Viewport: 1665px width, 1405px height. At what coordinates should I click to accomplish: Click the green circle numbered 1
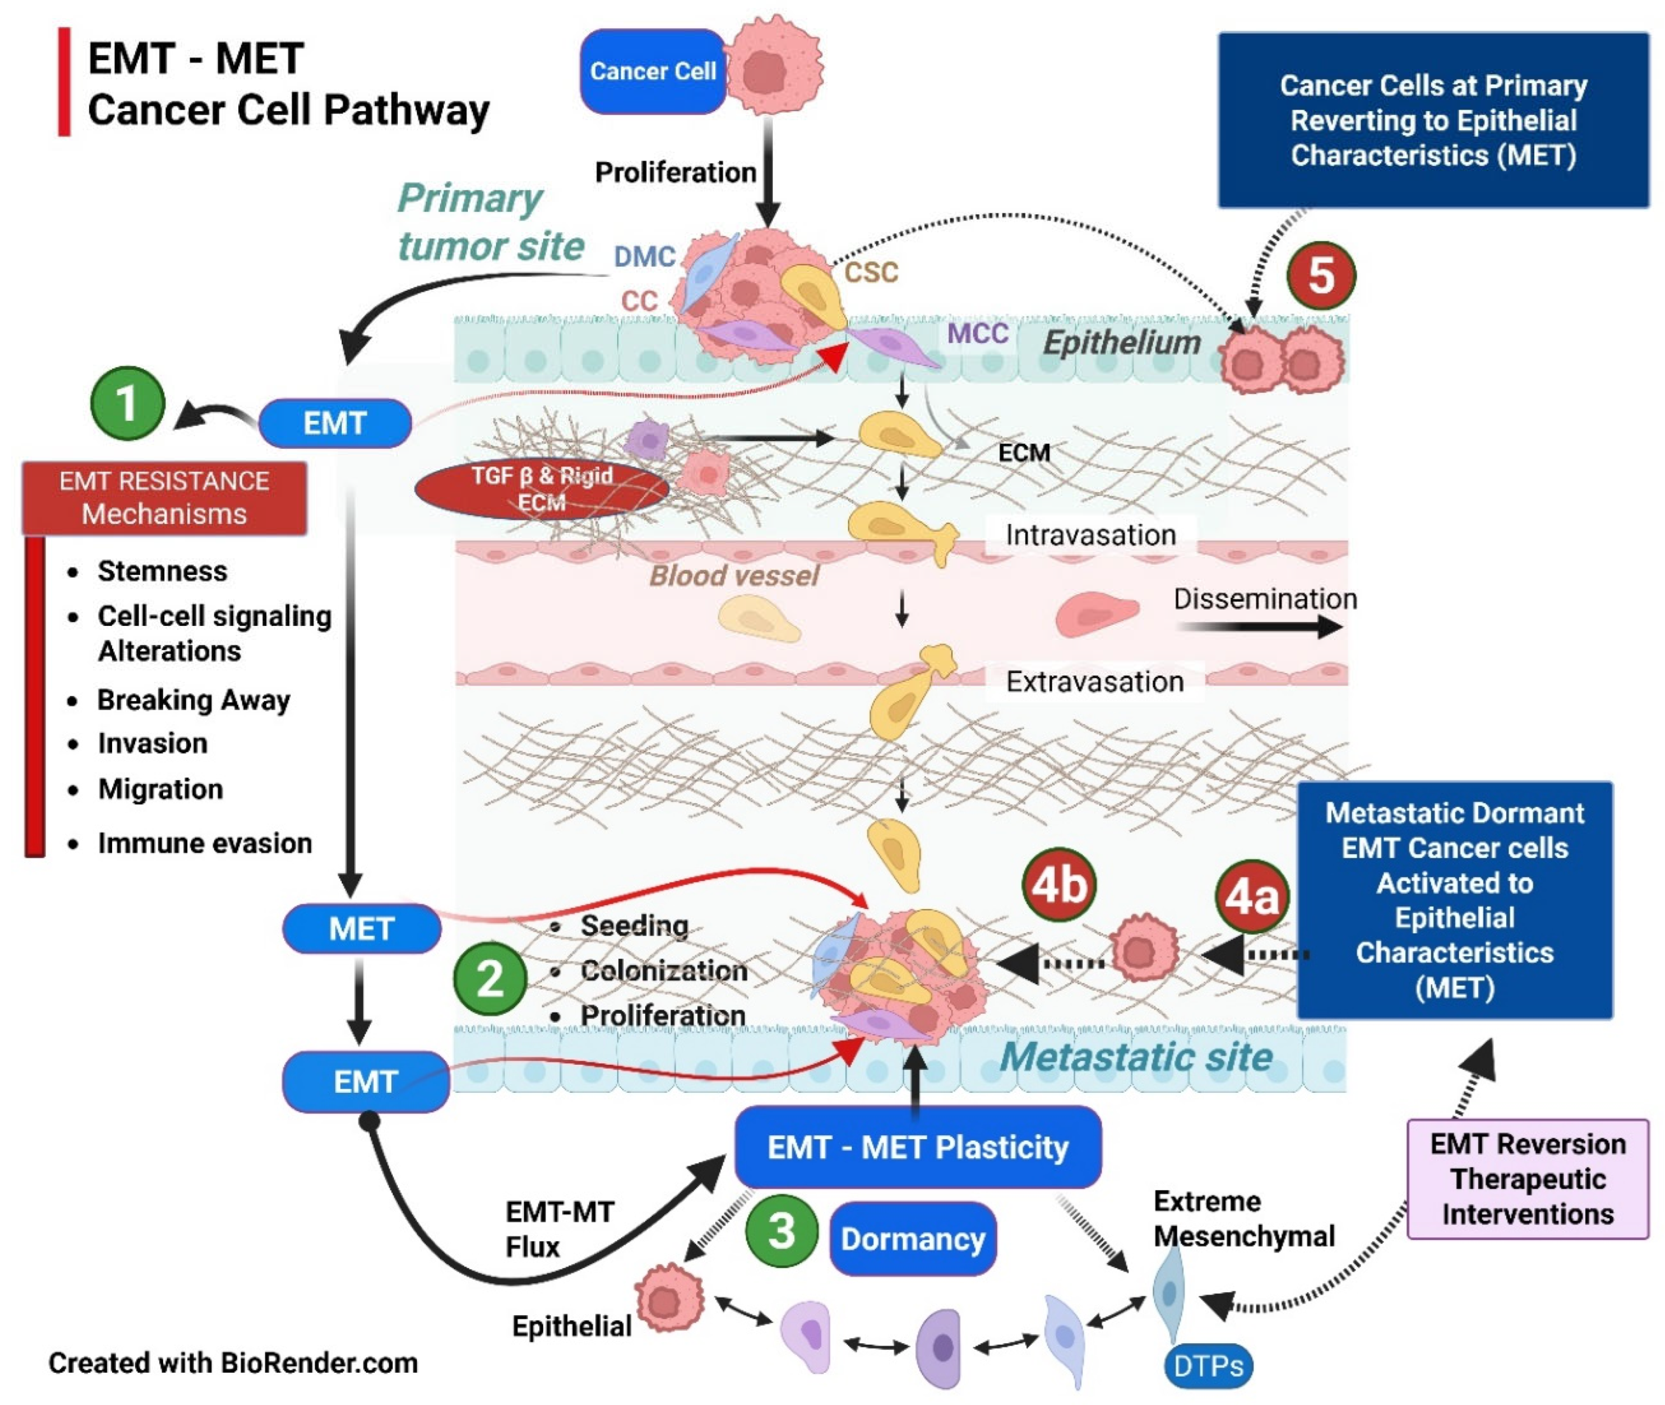[127, 403]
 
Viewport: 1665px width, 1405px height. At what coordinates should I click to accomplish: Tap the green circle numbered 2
[490, 978]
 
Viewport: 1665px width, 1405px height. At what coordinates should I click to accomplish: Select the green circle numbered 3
[781, 1230]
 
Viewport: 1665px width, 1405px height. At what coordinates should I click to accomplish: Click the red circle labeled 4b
[1059, 884]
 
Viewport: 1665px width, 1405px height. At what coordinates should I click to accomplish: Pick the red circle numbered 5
[1321, 276]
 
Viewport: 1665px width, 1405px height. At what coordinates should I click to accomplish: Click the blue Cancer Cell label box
[653, 71]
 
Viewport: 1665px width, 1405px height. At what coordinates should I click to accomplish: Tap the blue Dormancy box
[912, 1239]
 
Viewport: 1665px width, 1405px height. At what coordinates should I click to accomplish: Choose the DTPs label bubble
[1208, 1366]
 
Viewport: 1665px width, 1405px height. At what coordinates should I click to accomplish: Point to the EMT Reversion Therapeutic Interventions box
[1527, 1179]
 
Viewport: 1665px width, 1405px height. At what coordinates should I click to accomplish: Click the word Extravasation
[1094, 682]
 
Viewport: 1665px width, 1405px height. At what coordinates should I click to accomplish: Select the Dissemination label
[1265, 599]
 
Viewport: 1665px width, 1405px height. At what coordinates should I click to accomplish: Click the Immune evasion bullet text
[205, 842]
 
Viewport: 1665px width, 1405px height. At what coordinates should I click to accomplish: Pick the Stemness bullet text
[163, 571]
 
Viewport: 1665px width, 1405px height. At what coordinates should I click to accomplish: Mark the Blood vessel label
[733, 576]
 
